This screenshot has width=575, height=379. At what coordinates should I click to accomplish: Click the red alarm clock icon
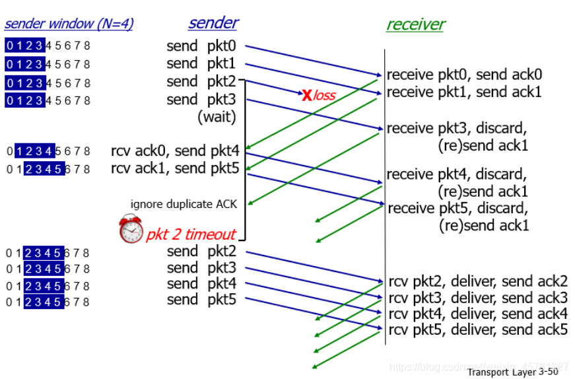pos(131,229)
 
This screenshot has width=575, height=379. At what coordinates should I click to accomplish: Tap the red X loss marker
pos(307,95)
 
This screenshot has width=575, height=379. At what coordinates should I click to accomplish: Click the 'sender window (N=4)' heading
pos(69,24)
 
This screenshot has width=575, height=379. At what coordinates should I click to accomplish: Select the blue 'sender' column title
pos(213,22)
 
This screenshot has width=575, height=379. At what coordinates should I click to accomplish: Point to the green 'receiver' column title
pos(415,24)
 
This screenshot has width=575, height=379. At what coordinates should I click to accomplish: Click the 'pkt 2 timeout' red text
pos(190,234)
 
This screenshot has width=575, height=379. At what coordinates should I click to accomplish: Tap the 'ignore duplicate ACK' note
pos(184,203)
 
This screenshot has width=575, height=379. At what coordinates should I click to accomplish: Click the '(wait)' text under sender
pos(217,118)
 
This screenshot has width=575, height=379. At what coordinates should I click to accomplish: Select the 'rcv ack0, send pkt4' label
pos(175,151)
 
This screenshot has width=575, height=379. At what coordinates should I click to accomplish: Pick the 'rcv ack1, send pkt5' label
pos(175,168)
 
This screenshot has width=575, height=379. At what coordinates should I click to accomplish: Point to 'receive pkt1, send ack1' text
pos(464,92)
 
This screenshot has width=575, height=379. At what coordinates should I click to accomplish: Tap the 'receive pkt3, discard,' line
pos(456,127)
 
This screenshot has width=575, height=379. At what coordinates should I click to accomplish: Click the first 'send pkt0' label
pos(201,46)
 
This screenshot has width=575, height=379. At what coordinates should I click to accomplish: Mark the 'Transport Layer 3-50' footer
pos(512,372)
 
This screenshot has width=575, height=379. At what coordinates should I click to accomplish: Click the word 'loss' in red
pos(325,96)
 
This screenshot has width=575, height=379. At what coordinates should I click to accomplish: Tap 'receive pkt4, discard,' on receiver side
pos(456,174)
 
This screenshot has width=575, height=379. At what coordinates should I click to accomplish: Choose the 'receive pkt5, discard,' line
pos(457,209)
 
